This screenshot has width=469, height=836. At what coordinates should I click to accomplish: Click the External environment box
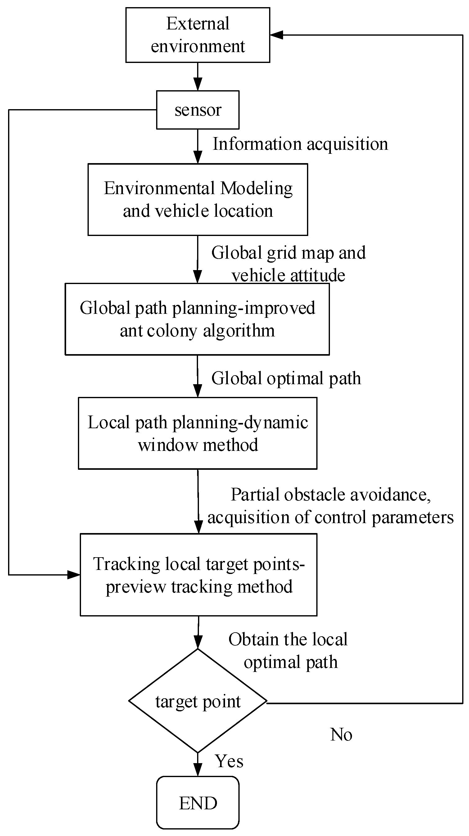[x=197, y=35]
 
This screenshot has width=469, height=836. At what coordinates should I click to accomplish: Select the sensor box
[x=197, y=110]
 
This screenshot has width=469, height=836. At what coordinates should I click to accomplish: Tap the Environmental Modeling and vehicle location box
[x=197, y=199]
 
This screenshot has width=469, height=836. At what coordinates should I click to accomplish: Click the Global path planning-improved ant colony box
[x=197, y=319]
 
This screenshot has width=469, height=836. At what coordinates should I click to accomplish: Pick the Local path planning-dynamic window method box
[x=197, y=433]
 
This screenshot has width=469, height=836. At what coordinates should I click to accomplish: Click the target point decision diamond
[x=197, y=701]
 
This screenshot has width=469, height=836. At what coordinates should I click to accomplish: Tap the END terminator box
[x=197, y=803]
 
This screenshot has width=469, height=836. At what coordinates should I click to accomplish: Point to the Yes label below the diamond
[x=229, y=761]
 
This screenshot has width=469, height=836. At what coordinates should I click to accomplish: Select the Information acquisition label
[x=300, y=144]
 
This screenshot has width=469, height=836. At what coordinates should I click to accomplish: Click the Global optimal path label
[x=286, y=378]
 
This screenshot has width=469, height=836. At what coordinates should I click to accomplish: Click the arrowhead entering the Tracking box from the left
[x=74, y=575]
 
